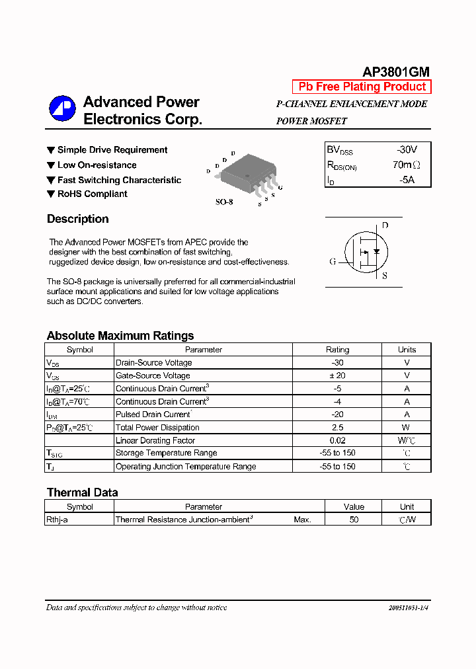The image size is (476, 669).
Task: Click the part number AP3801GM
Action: (x=395, y=72)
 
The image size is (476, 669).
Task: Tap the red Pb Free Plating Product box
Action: (x=362, y=87)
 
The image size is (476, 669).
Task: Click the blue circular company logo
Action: (x=62, y=110)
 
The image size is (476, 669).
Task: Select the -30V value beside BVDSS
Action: (x=407, y=149)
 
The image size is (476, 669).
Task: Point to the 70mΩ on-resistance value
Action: (x=406, y=165)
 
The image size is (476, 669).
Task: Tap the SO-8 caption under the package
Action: (x=224, y=202)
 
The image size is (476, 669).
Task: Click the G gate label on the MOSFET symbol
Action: (x=333, y=261)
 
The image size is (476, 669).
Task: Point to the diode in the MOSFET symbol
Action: (x=376, y=251)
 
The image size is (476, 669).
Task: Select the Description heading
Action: (x=77, y=219)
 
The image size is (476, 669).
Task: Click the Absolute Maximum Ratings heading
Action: (x=120, y=336)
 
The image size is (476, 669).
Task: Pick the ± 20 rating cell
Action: (x=337, y=375)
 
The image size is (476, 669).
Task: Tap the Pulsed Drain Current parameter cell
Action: (x=153, y=414)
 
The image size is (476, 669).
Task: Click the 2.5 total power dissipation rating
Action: (x=337, y=427)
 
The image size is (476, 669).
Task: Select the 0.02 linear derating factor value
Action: (x=337, y=440)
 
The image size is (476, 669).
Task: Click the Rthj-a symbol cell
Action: (x=57, y=520)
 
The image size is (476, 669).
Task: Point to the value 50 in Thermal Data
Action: (x=354, y=520)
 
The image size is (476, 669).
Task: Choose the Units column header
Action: (x=407, y=350)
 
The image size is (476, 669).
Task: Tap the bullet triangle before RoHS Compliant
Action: (x=51, y=194)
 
